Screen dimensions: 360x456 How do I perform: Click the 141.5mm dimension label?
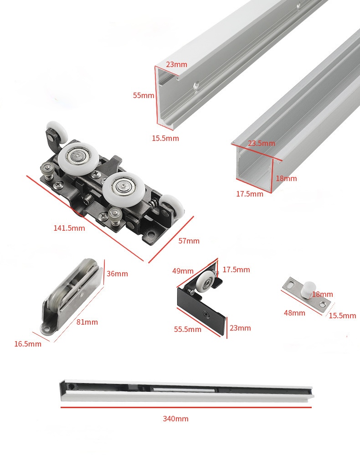[x=69, y=228]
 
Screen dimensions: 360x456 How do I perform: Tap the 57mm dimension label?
[x=189, y=241]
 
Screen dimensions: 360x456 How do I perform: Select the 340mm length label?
[x=175, y=419]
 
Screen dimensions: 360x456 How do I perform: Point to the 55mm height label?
[x=144, y=95]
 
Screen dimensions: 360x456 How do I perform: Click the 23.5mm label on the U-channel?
[x=262, y=143]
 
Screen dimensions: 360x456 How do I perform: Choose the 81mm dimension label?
[x=87, y=322]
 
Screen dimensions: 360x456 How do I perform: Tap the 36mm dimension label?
[x=118, y=274]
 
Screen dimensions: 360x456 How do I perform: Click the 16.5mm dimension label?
[x=28, y=344]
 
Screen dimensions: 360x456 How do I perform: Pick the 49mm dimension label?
[x=183, y=271]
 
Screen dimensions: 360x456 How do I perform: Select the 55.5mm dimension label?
[x=188, y=330]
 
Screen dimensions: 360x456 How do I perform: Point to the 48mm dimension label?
[x=295, y=313]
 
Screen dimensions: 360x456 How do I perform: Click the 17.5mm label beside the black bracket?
[x=236, y=270]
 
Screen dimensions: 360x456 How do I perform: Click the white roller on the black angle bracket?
[x=205, y=280]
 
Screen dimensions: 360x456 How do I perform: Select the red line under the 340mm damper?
[x=186, y=407]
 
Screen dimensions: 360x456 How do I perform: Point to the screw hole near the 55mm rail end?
[x=196, y=86]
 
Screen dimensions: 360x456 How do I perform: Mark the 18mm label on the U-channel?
[x=286, y=179]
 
